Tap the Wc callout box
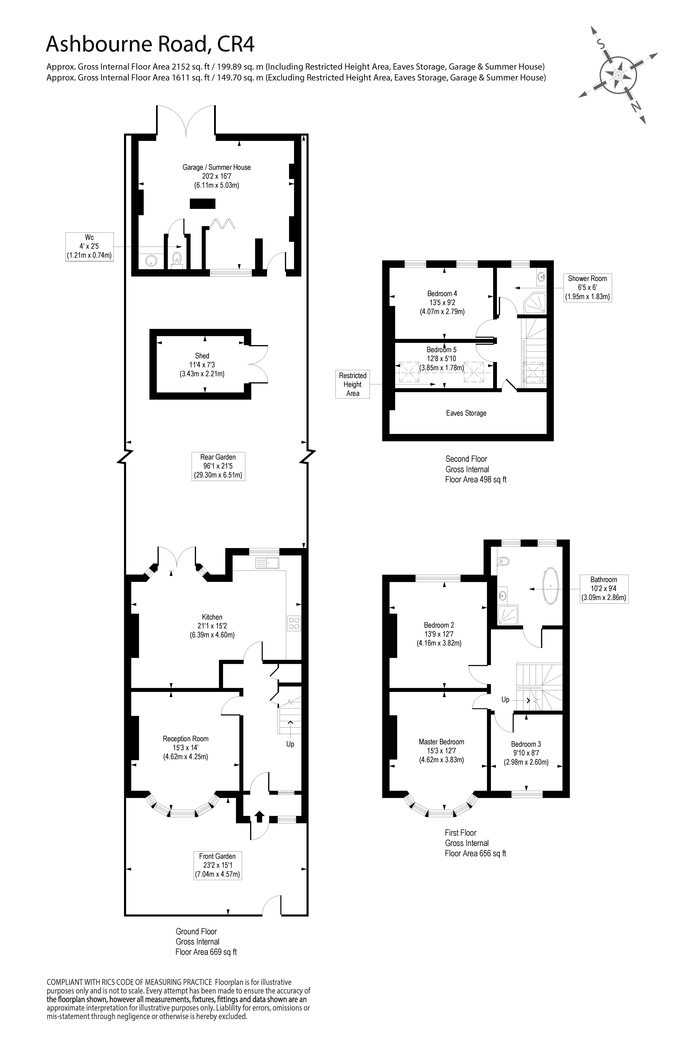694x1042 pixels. [89, 246]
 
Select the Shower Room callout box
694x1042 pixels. [587, 288]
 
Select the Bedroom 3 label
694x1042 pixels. [526, 744]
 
